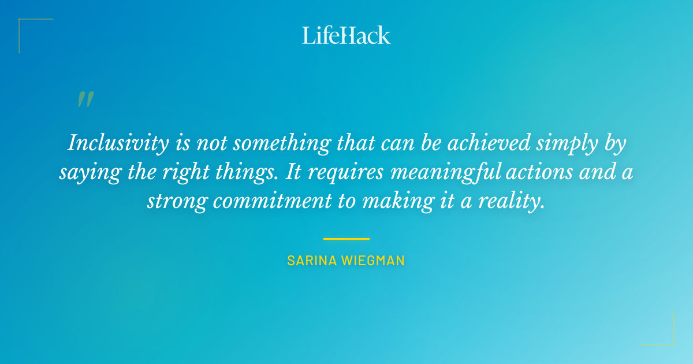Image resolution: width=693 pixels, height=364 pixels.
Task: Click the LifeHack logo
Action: pyautogui.click(x=346, y=35)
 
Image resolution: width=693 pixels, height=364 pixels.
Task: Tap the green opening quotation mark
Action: pyautogui.click(x=85, y=99)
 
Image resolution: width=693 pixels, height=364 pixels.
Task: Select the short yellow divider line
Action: pyautogui.click(x=346, y=238)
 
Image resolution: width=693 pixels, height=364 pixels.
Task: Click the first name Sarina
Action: pyautogui.click(x=312, y=261)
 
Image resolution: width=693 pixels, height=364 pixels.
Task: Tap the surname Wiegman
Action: pyautogui.click(x=373, y=261)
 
